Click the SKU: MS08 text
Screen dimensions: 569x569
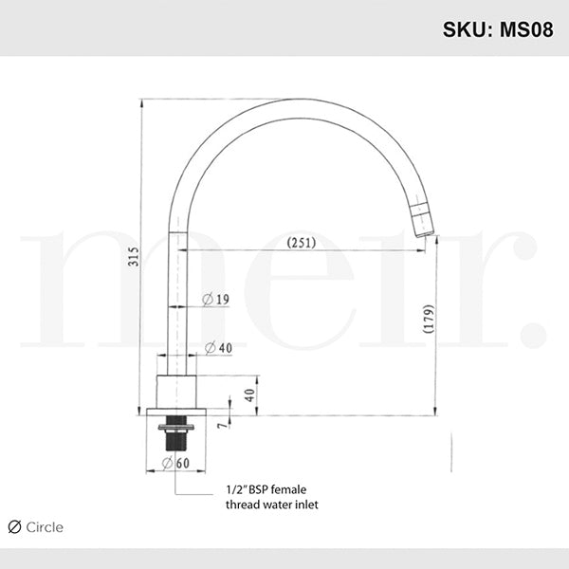pos(499,29)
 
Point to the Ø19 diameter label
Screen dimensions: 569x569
pos(216,301)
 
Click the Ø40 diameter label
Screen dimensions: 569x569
pos(218,348)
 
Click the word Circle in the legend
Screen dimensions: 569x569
pos(45,527)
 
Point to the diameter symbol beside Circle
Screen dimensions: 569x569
pos(14,527)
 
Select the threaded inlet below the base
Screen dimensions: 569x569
pos(177,432)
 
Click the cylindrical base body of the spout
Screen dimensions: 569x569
pos(177,393)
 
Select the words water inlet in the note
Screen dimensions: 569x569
pos(289,505)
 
